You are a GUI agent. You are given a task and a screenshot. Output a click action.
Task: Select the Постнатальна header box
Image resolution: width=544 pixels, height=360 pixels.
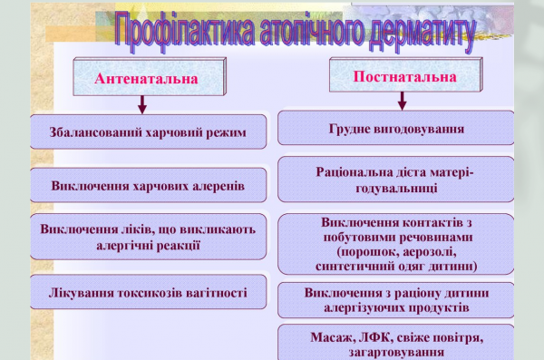pos(404,78)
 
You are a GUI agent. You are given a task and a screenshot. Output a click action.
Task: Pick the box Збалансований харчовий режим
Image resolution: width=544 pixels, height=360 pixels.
pos(148,132)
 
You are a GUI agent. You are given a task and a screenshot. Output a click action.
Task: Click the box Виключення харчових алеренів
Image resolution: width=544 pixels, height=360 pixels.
pos(148,185)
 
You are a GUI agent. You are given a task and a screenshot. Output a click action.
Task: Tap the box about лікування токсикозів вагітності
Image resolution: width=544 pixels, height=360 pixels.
pos(148,292)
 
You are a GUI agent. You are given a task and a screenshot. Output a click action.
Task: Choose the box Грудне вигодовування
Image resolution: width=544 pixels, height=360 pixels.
pos(395,128)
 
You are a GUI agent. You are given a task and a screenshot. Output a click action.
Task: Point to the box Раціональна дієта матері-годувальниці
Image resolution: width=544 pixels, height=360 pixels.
pos(395,179)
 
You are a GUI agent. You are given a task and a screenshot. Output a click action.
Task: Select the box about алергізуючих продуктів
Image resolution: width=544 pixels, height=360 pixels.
pos(395,300)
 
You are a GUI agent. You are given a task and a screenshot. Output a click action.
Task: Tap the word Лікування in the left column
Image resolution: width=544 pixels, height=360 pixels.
pos(84,292)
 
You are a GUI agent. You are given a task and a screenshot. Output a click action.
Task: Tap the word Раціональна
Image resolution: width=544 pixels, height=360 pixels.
pos(355,171)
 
